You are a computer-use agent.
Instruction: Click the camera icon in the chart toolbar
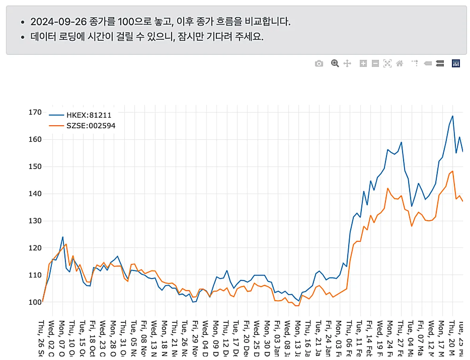tap(319, 63)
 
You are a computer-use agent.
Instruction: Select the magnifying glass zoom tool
tap(335, 63)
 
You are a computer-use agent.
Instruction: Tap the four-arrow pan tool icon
tap(347, 63)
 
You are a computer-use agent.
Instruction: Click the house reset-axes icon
tap(399, 63)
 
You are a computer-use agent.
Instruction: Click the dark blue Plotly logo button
tap(456, 63)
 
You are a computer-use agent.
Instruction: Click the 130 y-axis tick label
tap(35, 221)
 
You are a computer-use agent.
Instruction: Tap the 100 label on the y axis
tap(35, 302)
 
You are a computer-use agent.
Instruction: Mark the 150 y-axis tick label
tap(35, 167)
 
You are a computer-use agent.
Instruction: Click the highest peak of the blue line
tap(452, 116)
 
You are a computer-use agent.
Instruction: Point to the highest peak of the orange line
tap(452, 171)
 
